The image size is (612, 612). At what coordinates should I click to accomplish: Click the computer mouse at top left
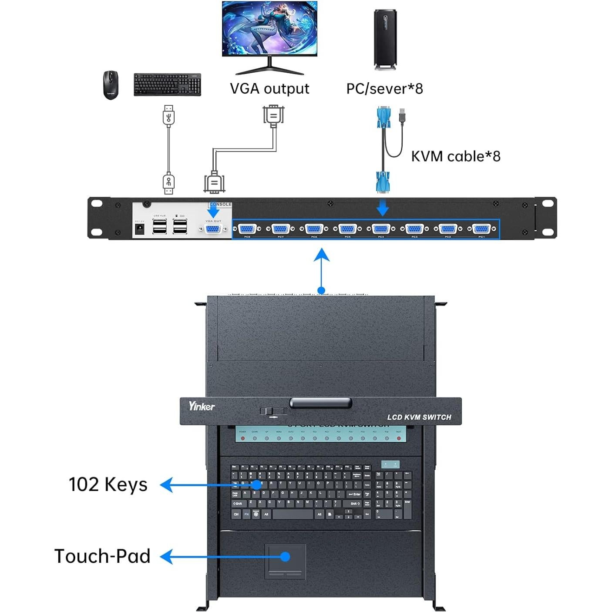click(x=111, y=85)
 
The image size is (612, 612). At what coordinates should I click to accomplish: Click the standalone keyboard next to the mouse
click(x=167, y=84)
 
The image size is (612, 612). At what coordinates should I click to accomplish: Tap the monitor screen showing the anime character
click(x=269, y=28)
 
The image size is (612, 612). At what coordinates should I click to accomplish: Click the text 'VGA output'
click(x=269, y=89)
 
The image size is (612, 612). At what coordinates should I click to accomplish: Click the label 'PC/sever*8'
click(x=384, y=89)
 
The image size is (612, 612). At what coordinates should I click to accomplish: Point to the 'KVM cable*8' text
click(x=456, y=156)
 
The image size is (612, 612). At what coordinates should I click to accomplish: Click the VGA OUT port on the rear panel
click(x=212, y=229)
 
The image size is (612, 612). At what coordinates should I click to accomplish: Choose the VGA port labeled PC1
click(x=481, y=229)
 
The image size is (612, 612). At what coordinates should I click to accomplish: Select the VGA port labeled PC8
click(x=247, y=229)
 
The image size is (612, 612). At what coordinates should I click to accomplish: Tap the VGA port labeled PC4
click(x=381, y=229)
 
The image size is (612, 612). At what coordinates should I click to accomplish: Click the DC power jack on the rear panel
click(x=140, y=229)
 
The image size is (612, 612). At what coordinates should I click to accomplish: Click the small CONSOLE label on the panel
click(x=221, y=204)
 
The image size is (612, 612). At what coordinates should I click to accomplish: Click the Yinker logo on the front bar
click(x=202, y=406)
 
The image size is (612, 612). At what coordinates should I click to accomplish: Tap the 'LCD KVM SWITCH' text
click(x=419, y=417)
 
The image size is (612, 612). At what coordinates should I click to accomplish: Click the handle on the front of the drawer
click(x=321, y=403)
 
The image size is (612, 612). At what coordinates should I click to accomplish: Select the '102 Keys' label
click(x=108, y=484)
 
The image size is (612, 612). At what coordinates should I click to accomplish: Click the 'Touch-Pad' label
click(x=102, y=556)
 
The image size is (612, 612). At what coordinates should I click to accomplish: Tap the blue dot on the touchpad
click(x=285, y=556)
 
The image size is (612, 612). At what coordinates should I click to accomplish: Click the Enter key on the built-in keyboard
click(x=355, y=494)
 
